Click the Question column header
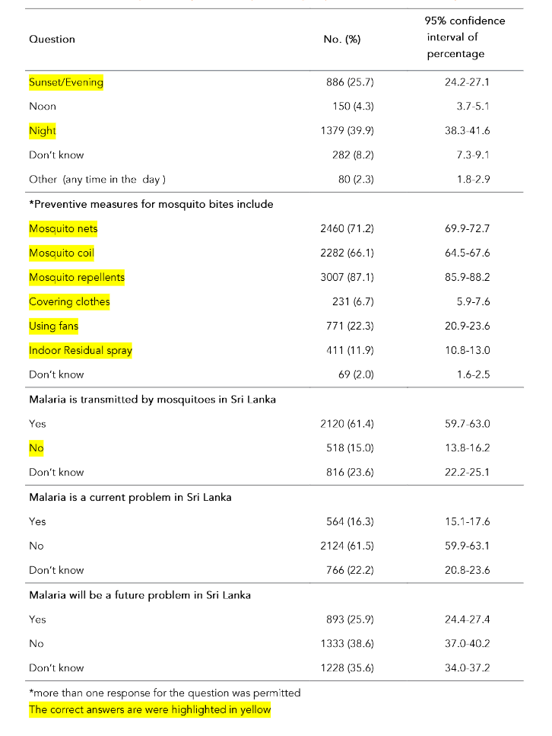click(52, 39)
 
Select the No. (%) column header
click(341, 39)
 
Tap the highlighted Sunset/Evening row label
click(65, 82)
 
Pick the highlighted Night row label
click(43, 131)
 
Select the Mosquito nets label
click(63, 228)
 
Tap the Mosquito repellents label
click(76, 277)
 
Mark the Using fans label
click(53, 326)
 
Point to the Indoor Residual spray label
click(81, 350)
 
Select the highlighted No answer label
click(36, 448)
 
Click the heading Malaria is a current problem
click(130, 497)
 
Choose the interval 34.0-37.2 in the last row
click(467, 667)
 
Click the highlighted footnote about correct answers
click(149, 710)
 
